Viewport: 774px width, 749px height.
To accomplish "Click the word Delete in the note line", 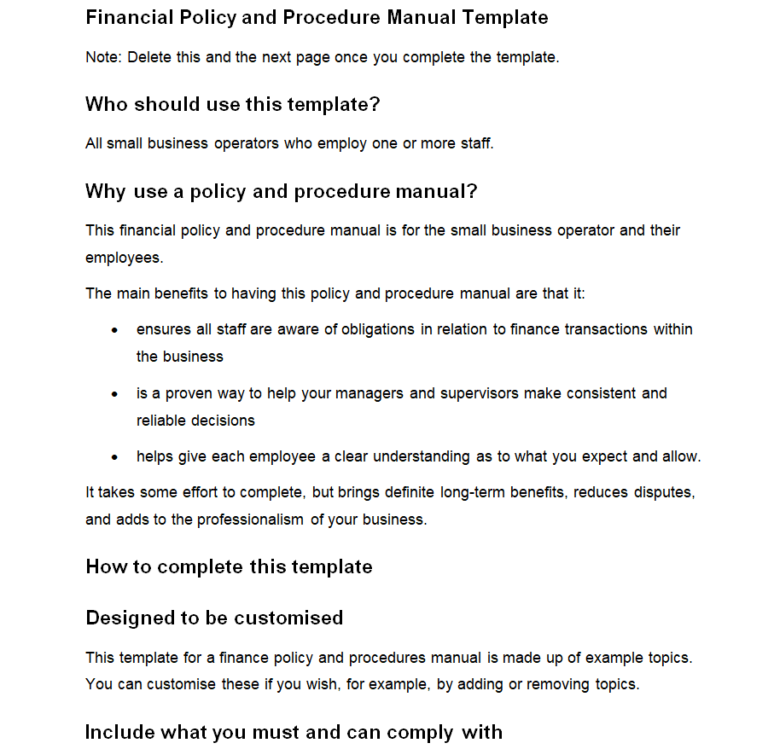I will tap(149, 58).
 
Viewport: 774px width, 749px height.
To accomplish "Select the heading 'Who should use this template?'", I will tap(232, 104).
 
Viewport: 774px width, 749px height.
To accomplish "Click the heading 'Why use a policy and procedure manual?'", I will tap(281, 191).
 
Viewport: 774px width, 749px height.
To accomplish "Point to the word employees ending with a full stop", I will tap(124, 258).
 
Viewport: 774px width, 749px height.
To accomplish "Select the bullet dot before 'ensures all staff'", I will tap(115, 330).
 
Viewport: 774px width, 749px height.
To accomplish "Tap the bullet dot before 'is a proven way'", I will tap(115, 394).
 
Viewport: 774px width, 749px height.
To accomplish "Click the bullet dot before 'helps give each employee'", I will tap(115, 457).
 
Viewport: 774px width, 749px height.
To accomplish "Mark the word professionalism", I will tap(250, 520).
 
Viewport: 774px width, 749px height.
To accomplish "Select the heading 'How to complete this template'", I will tap(229, 567).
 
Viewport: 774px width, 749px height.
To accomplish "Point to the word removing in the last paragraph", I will tap(556, 684).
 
